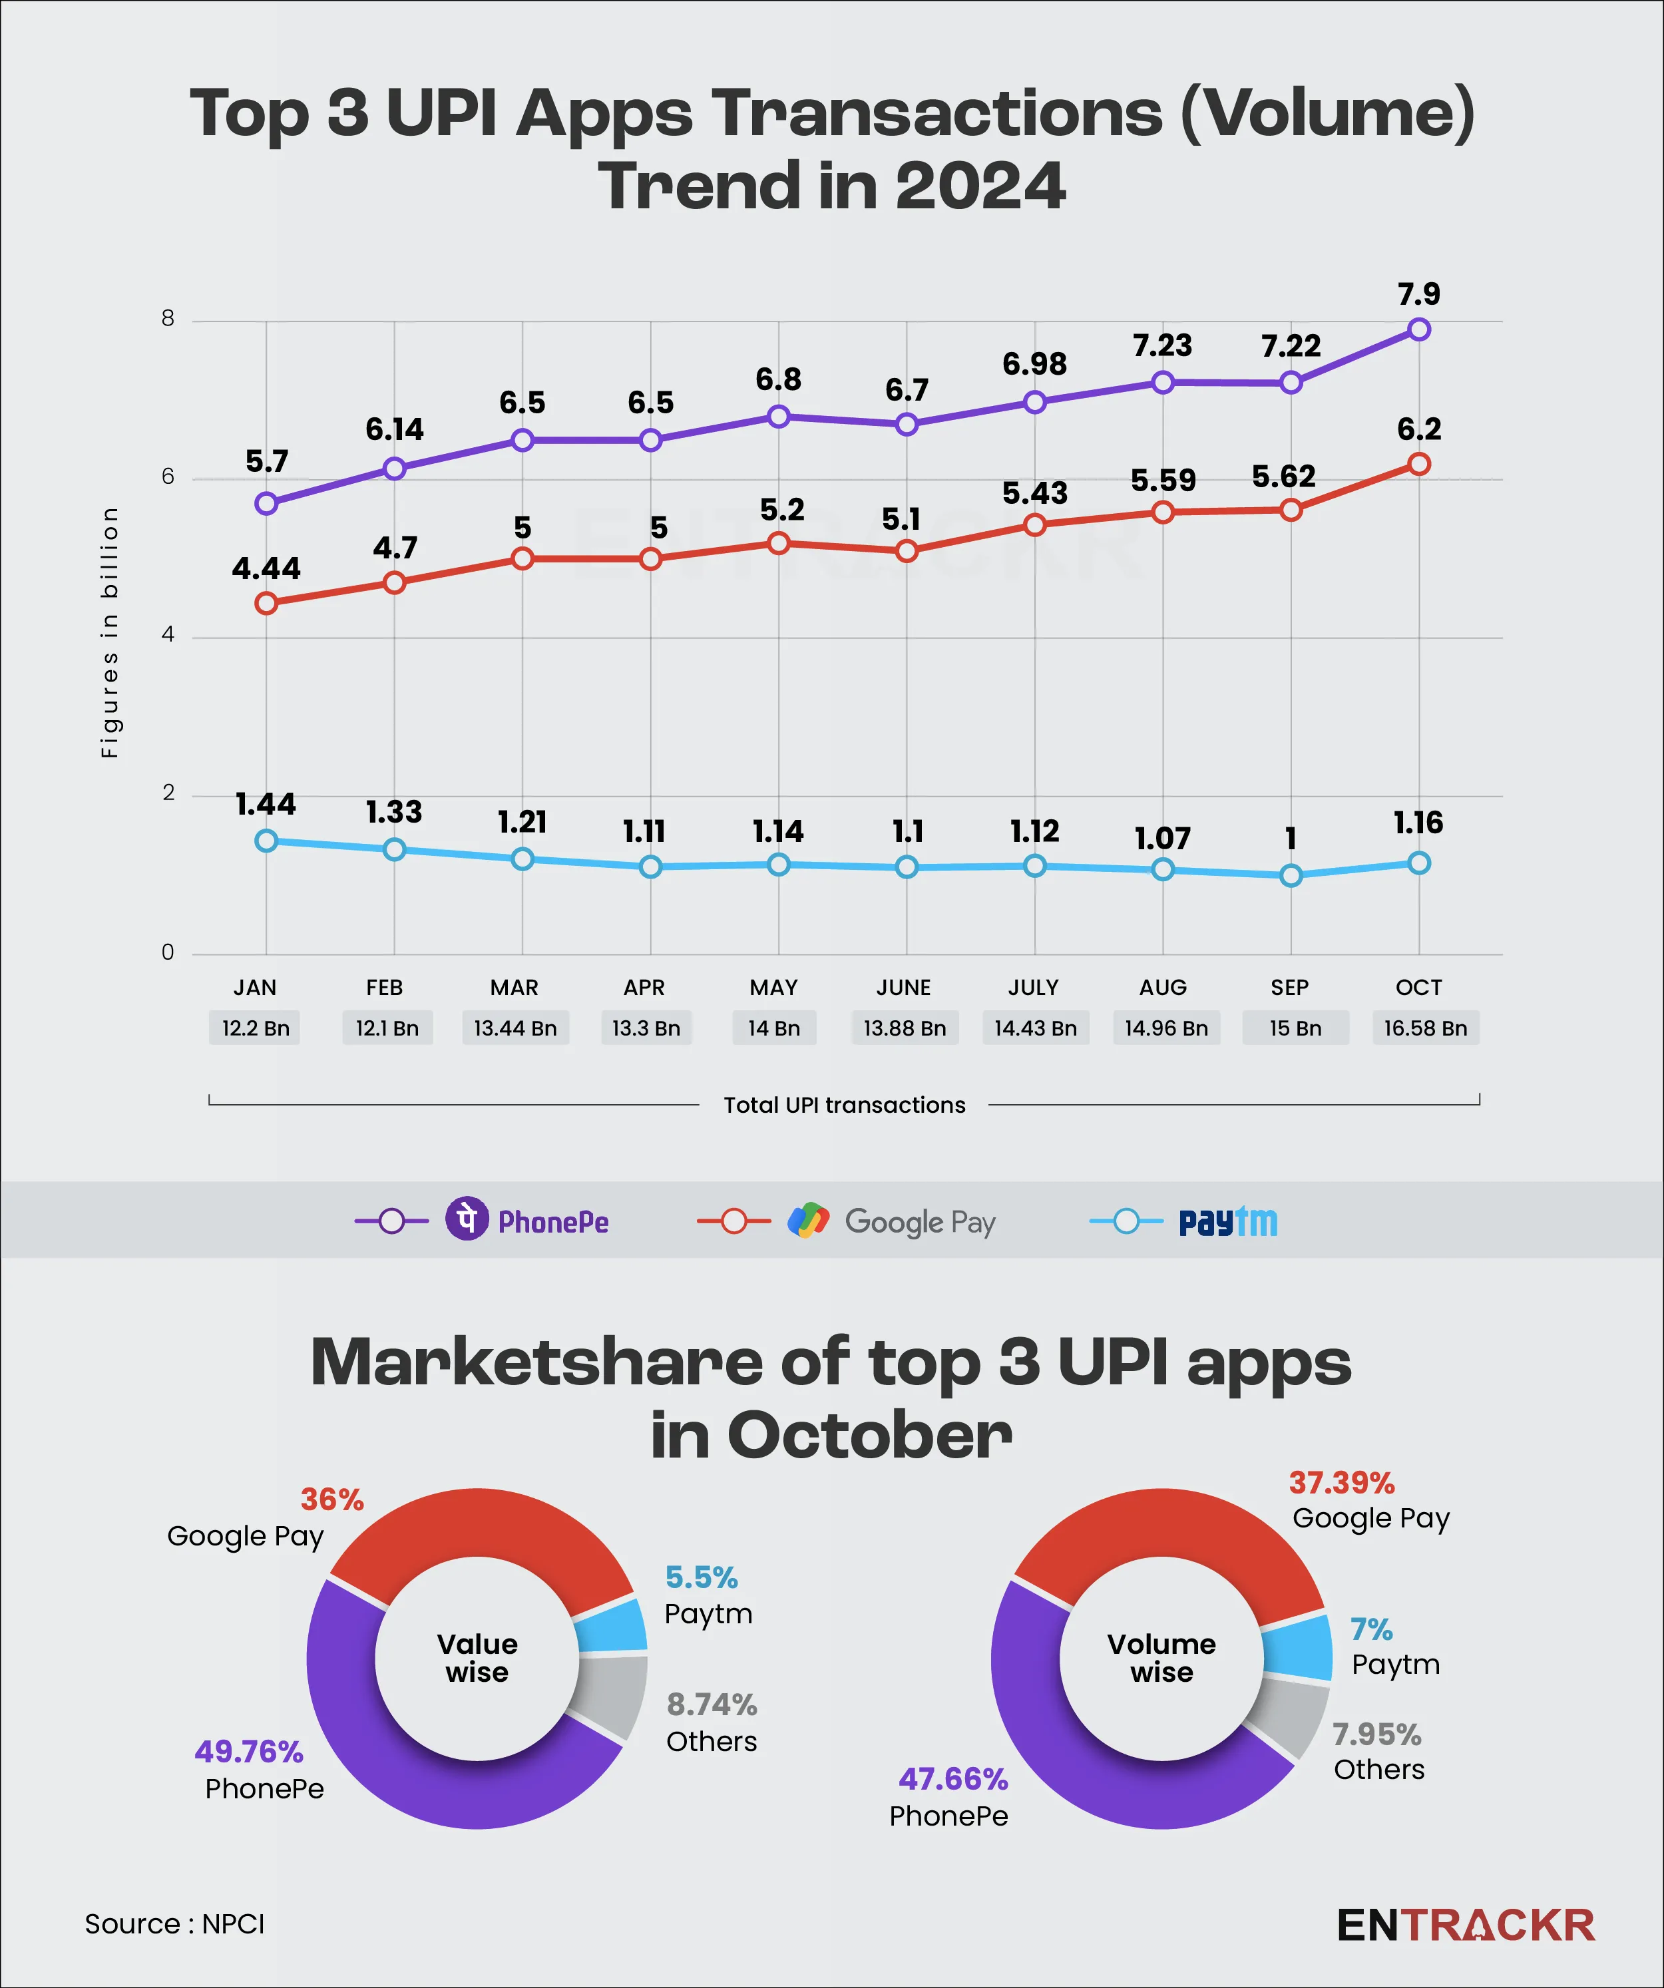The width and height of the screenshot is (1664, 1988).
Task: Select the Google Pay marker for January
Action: click(x=266, y=603)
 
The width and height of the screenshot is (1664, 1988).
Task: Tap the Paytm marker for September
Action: click(x=1290, y=876)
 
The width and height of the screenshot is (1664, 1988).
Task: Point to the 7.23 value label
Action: click(x=1162, y=345)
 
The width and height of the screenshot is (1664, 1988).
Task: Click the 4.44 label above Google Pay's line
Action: click(x=266, y=569)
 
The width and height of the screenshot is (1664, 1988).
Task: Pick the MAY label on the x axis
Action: click(x=773, y=988)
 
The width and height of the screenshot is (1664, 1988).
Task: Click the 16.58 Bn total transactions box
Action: click(x=1424, y=1028)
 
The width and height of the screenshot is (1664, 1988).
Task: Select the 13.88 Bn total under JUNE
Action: click(x=904, y=1028)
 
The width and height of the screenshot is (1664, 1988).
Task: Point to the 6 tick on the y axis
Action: click(x=168, y=477)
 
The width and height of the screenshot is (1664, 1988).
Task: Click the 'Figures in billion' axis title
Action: click(x=110, y=632)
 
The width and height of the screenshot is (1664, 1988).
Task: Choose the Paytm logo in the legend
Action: click(x=1227, y=1222)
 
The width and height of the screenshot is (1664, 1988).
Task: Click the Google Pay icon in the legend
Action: click(x=808, y=1221)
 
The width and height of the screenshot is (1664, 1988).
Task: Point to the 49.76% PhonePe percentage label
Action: click(x=249, y=1752)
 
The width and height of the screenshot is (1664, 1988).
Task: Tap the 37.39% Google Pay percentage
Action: click(x=1341, y=1482)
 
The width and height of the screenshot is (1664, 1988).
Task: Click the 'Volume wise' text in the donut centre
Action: click(x=1161, y=1658)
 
